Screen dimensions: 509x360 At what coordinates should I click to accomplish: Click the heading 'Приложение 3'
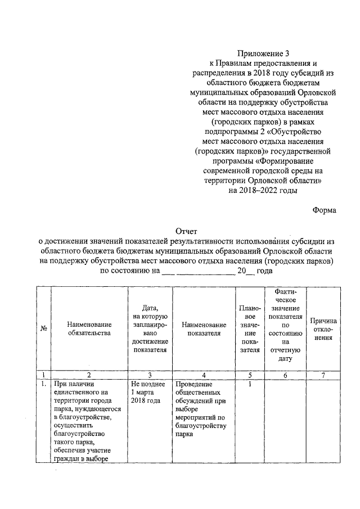tap(263, 54)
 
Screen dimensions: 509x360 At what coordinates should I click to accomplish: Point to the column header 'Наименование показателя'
tap(204, 328)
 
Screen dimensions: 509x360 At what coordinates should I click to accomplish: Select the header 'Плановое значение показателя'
tap(250, 328)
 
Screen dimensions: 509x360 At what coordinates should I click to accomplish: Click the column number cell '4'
tap(204, 374)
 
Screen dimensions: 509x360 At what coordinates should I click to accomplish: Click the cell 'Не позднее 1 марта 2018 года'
tap(147, 391)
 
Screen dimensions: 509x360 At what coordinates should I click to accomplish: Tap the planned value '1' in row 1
tap(249, 384)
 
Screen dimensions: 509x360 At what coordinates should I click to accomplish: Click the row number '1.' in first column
tap(43, 384)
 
